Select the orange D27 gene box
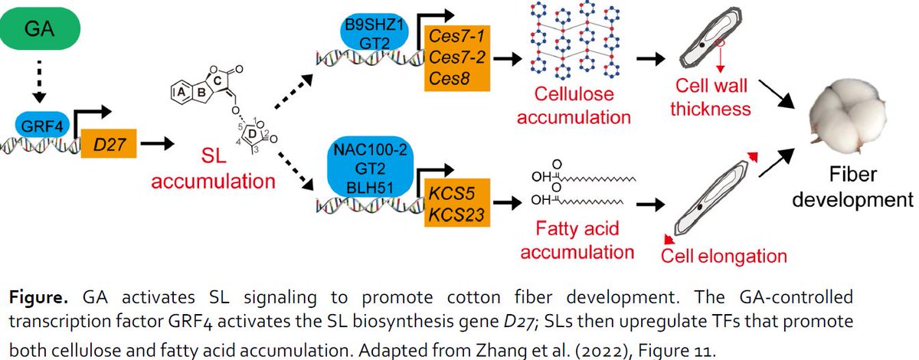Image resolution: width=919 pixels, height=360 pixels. tap(110, 142)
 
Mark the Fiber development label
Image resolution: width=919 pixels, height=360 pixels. tap(852, 188)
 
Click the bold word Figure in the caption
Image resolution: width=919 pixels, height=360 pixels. tap(37, 296)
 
